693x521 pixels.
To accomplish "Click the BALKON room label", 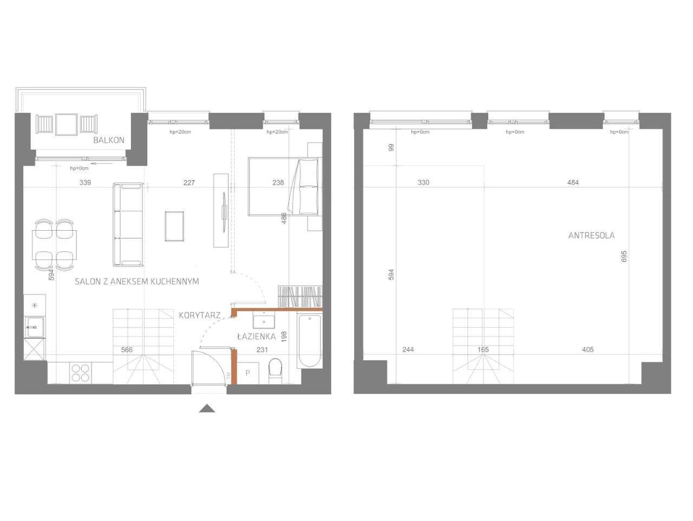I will coord(109,140).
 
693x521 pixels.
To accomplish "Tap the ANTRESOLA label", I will coord(591,236).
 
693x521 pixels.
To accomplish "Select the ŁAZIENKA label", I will coord(256,336).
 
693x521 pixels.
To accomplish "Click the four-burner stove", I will coord(81,373).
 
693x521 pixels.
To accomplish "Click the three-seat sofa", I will coord(128,225).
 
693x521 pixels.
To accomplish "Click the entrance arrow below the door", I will coord(207,408).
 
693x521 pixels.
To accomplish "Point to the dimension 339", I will coord(85,183).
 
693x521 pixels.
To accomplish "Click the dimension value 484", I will coord(573,183).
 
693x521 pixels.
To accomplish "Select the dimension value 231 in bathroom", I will coord(262,350).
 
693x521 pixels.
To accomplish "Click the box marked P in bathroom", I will coord(248,373).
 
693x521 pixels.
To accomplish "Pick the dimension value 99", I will coord(391,147).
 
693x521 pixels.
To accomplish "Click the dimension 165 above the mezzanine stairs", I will coord(483,350).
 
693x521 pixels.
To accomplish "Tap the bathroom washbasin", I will coord(264,322).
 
